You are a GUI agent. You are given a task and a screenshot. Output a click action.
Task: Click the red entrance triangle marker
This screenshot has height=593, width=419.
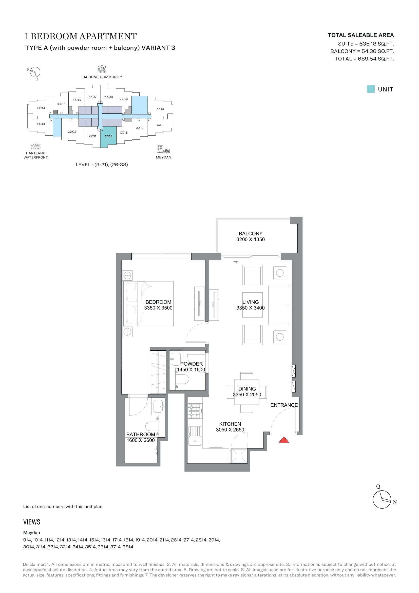coord(284,440)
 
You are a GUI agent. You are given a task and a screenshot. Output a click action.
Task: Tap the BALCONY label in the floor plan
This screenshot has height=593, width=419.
coord(251,233)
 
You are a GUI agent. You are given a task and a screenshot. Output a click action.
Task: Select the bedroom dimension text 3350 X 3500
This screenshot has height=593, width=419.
coord(158,308)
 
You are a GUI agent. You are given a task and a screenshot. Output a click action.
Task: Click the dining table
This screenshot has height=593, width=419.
coord(247,392)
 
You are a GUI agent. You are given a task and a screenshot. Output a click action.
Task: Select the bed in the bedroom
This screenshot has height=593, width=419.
coord(148,303)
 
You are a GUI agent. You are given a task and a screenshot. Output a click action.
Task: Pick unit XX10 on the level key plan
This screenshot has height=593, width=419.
coord(160,109)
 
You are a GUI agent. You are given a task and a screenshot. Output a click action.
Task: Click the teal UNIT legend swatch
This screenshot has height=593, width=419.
coord(371,89)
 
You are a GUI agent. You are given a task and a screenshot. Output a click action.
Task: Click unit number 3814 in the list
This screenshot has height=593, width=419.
coord(128,547)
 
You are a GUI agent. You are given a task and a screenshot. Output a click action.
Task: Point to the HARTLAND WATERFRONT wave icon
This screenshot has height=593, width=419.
coord(36,146)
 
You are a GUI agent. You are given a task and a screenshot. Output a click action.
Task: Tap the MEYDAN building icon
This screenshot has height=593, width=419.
coord(164,149)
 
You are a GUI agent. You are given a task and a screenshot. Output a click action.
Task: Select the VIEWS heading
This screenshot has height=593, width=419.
coord(32,522)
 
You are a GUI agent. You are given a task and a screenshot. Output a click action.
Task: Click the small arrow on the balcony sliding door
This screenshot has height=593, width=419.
coord(236,262)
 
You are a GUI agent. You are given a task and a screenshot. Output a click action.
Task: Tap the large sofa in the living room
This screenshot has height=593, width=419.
coord(279,305)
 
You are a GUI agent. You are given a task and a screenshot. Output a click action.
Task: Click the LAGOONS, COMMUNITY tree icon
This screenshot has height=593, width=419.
coord(102,68)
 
